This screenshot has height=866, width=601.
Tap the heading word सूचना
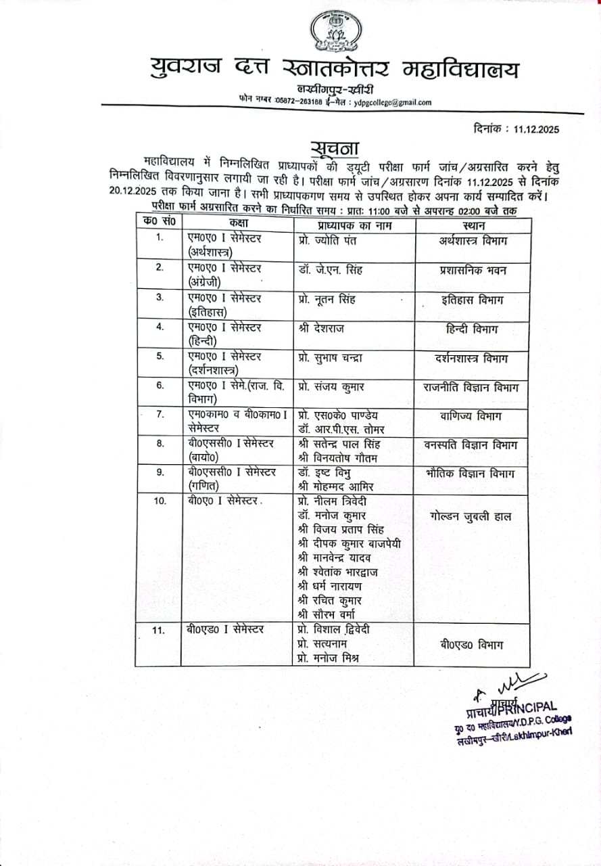tap(335, 147)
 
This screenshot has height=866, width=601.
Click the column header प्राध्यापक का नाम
tap(352, 223)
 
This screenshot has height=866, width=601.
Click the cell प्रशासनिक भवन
tap(473, 270)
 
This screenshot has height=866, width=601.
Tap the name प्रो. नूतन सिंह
tap(327, 299)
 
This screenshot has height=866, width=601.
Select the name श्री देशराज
tap(320, 328)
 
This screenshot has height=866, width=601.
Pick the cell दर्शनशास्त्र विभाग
tap(473, 358)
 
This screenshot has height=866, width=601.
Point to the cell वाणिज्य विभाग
tap(473, 416)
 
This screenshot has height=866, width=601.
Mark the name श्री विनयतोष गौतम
tap(339, 458)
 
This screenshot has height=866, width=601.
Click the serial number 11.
tap(159, 631)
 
